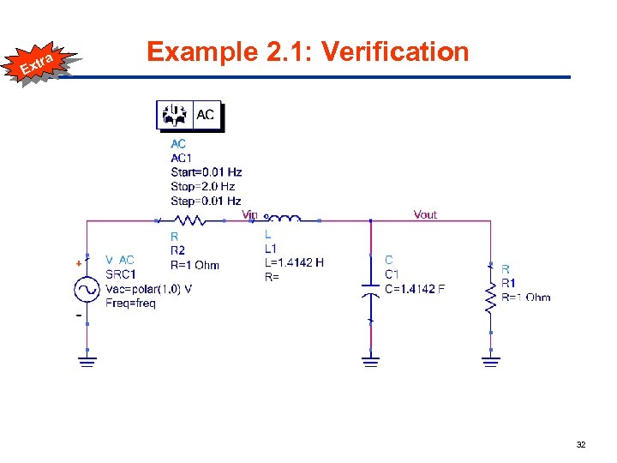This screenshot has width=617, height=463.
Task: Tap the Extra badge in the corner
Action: click(x=39, y=62)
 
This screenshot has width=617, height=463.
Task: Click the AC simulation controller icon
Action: click(x=189, y=115)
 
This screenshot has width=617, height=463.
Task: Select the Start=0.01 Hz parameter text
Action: click(x=206, y=172)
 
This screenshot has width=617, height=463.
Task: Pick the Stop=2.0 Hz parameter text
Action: click(x=202, y=186)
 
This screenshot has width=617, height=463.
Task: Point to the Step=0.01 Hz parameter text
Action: click(x=206, y=201)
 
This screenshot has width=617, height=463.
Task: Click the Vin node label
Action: click(x=249, y=214)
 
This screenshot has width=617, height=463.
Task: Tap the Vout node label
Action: click(x=425, y=214)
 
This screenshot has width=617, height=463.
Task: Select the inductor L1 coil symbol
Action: click(x=285, y=219)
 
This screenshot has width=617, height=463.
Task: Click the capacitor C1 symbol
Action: click(x=369, y=288)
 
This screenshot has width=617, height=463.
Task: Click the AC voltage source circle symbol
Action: click(x=87, y=291)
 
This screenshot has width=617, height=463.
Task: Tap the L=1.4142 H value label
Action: click(x=294, y=262)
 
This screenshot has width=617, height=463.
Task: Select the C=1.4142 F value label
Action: click(x=414, y=289)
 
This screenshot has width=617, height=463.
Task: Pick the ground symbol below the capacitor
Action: click(x=369, y=361)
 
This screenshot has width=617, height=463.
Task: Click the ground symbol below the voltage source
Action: click(x=87, y=361)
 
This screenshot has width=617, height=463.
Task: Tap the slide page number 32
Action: click(x=580, y=445)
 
